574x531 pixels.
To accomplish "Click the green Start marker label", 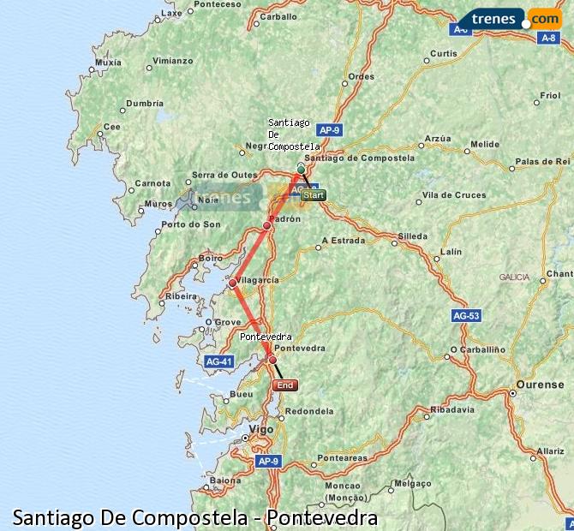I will click(313, 195).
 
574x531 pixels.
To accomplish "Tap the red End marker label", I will click(285, 385).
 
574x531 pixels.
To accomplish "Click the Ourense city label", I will click(540, 385).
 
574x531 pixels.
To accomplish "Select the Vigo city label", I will click(260, 429).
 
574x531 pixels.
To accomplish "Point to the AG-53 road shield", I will click(466, 316).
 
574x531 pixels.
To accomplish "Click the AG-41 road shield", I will click(219, 361).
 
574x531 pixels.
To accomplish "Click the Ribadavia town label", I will click(452, 409).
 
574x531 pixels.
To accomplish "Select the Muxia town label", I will click(109, 63).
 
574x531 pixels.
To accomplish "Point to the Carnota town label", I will click(153, 183).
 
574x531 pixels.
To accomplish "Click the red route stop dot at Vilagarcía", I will click(232, 283).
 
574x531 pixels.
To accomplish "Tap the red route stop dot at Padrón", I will click(267, 225).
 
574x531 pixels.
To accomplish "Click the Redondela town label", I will click(308, 412).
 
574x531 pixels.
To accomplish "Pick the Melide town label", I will click(484, 145).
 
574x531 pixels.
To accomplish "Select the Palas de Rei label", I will click(542, 161).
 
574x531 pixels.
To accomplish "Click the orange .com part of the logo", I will click(544, 18).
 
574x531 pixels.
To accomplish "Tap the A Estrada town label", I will click(343, 241).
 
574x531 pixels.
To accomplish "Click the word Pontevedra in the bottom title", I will click(321, 517).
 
